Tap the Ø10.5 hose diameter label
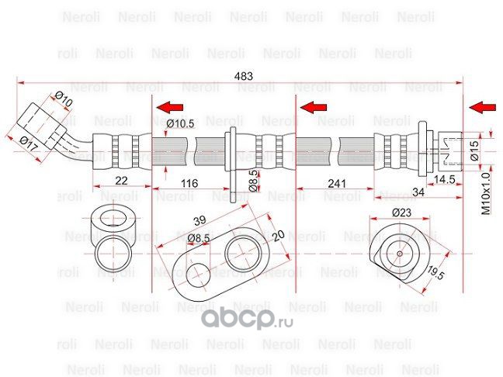(x=179, y=123)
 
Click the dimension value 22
(x=121, y=181)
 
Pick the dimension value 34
(x=418, y=191)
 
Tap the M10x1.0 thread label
(x=485, y=193)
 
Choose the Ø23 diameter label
(x=401, y=212)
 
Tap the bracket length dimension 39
(x=199, y=220)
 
